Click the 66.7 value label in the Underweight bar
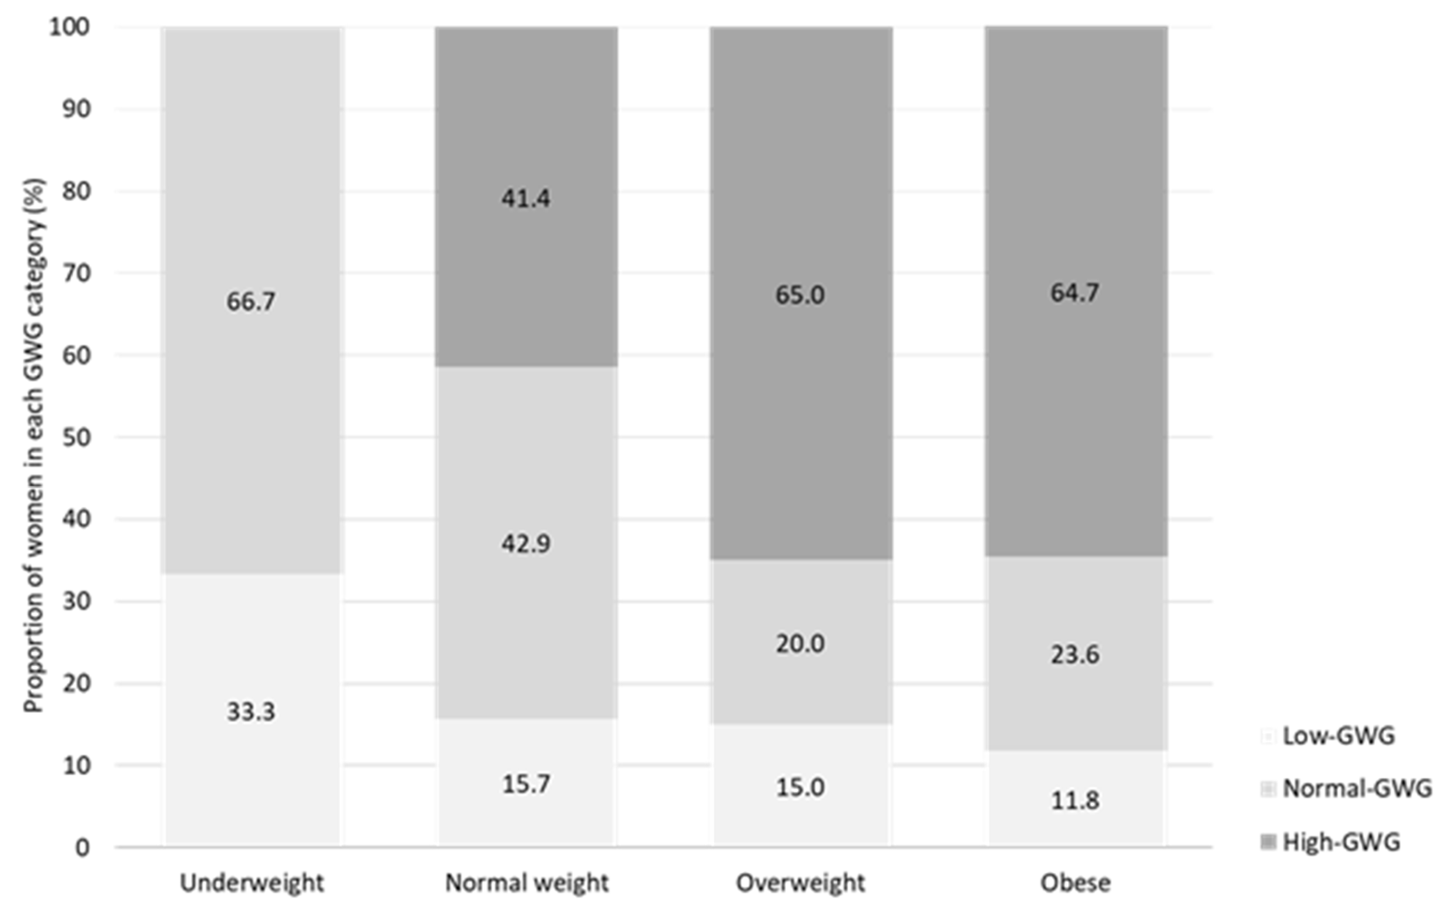(251, 301)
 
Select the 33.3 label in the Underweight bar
(251, 712)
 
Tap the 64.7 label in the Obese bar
(1075, 292)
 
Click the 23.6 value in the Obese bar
(1075, 654)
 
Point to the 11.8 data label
(1075, 800)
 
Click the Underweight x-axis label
(252, 883)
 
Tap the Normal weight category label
(526, 883)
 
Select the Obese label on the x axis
(1075, 883)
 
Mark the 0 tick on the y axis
(83, 848)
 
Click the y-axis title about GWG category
(34, 446)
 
